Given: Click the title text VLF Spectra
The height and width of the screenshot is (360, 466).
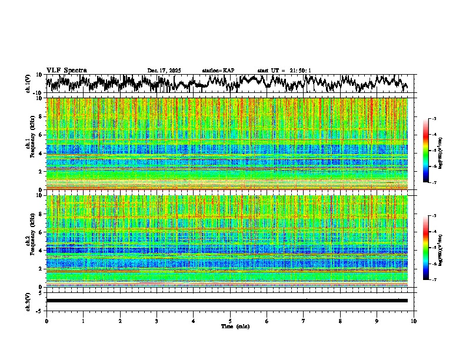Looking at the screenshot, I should pyautogui.click(x=66, y=71).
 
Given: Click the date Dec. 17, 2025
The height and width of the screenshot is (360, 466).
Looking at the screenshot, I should pyautogui.click(x=164, y=71).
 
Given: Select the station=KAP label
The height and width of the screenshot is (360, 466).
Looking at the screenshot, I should pyautogui.click(x=218, y=71).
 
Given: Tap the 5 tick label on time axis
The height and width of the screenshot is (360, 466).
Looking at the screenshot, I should pyautogui.click(x=230, y=321).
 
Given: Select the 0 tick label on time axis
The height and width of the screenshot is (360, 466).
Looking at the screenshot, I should pyautogui.click(x=46, y=321).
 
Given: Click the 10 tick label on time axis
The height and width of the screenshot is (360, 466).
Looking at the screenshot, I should pyautogui.click(x=414, y=321).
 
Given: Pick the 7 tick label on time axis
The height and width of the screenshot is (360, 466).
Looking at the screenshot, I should pyautogui.click(x=304, y=321).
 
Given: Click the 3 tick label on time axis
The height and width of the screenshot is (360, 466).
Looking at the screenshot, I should pyautogui.click(x=157, y=321).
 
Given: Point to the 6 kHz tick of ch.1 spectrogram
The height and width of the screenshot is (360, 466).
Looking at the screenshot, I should pyautogui.click(x=42, y=135).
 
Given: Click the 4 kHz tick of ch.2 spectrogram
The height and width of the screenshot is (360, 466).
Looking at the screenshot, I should pyautogui.click(x=42, y=251).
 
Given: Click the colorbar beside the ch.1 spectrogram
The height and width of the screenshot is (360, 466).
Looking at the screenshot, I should pyautogui.click(x=425, y=151).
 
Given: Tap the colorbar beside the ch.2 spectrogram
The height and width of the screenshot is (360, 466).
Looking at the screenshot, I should pyautogui.click(x=425, y=248).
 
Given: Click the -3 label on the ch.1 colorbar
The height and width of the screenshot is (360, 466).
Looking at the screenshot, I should pyautogui.click(x=434, y=119).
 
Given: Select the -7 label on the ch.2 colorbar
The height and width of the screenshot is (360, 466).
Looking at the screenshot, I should pyautogui.click(x=434, y=280).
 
